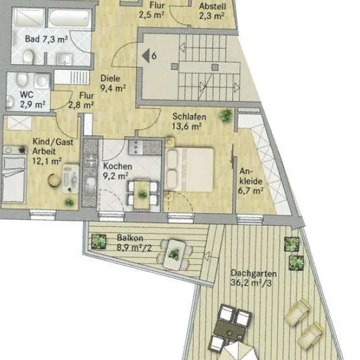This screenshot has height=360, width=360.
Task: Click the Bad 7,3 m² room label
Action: (x=46, y=39)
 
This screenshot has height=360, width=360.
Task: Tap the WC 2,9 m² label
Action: (x=32, y=99)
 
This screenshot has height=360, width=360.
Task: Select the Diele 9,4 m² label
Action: (x=113, y=83)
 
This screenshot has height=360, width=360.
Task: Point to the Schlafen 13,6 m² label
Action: (x=189, y=121)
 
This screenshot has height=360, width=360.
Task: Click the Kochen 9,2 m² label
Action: (x=117, y=171)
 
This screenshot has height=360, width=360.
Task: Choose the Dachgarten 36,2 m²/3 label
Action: (x=253, y=278)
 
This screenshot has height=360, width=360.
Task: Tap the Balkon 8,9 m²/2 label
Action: (x=134, y=243)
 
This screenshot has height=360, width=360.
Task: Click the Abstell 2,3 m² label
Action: (x=212, y=10)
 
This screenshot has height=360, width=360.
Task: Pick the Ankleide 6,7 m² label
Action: (x=251, y=181)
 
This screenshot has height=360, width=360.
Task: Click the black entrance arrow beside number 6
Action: (x=146, y=56)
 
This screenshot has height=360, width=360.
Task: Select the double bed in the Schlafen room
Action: (x=189, y=170)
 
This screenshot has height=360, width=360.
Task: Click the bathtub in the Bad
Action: (x=70, y=18)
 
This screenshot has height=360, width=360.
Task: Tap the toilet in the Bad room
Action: (x=28, y=57)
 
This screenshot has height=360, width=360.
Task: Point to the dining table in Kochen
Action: (x=142, y=194)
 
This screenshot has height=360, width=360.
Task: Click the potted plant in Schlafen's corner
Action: (x=226, y=115)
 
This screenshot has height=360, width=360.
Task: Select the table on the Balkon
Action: (x=174, y=255)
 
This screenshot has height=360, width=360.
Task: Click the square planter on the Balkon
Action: (x=99, y=242)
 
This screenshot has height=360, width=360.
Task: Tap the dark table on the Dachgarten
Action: (x=230, y=330)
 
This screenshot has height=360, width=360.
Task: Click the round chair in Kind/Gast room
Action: (x=54, y=180)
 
